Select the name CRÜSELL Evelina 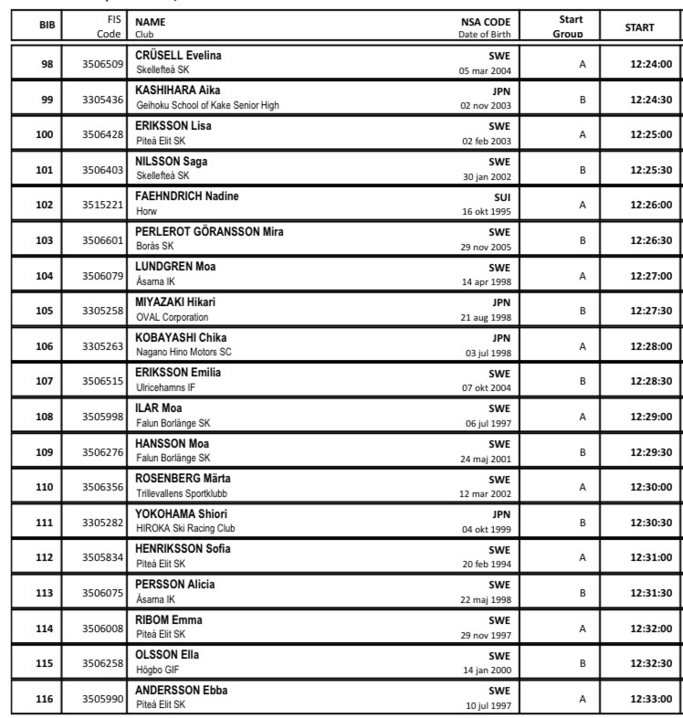[x=178, y=56]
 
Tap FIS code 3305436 [x=102, y=100]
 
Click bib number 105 [x=45, y=311]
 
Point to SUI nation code [x=501, y=197]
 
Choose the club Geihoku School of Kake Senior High [x=207, y=105]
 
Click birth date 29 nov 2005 [x=487, y=247]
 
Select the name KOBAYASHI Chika [x=181, y=338]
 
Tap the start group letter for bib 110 [x=582, y=488]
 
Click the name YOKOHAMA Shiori [x=181, y=514]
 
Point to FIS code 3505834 [x=102, y=558]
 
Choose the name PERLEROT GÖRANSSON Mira [x=209, y=232]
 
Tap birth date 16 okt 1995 [x=487, y=211]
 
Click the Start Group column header [x=571, y=26]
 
